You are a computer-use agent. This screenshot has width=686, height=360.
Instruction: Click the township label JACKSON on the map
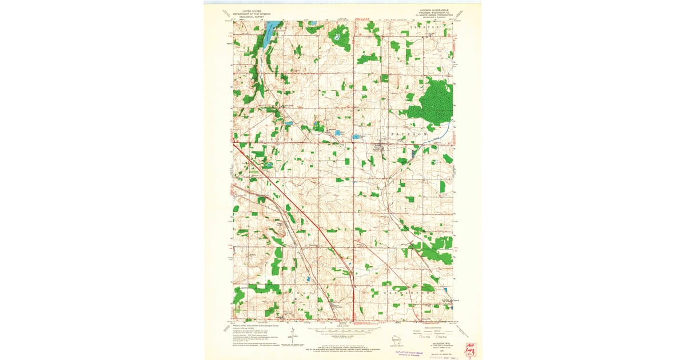click(x=409, y=133)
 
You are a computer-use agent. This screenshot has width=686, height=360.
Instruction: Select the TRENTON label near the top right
click(x=430, y=27)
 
